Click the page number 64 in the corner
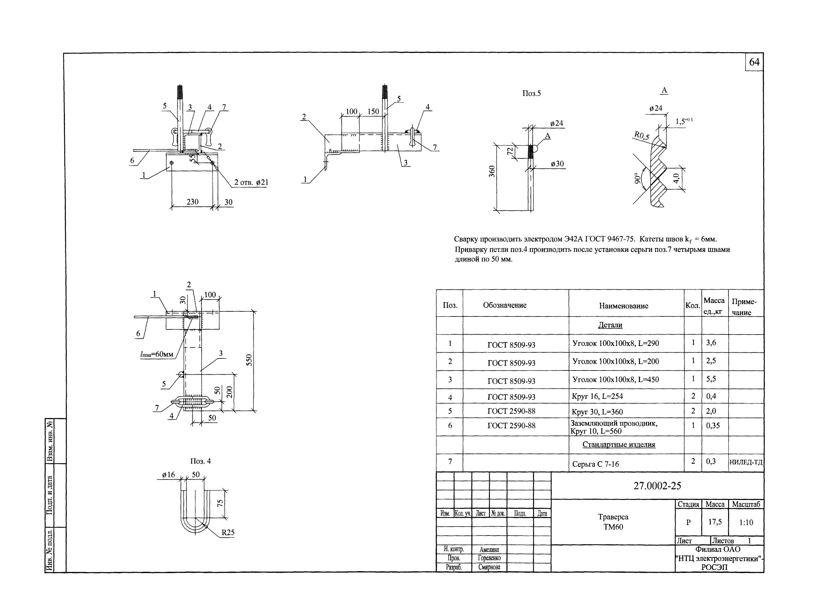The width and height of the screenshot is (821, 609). (754, 62)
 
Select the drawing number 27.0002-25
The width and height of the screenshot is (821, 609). (657, 486)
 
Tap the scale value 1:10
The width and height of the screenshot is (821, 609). (746, 522)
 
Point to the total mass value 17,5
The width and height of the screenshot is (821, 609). (715, 522)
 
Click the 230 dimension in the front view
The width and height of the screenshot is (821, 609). (192, 202)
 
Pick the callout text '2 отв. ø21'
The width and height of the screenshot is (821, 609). (251, 183)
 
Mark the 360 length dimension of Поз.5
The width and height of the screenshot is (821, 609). (492, 171)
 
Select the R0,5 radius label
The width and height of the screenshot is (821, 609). (642, 136)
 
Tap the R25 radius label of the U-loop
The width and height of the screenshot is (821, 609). (228, 532)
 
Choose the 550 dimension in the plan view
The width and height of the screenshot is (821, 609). (249, 360)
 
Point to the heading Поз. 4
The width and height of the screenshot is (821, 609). (200, 461)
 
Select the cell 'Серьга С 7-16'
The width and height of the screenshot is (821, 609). (595, 464)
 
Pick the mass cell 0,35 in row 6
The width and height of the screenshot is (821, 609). (713, 426)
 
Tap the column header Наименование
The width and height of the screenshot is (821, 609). (623, 306)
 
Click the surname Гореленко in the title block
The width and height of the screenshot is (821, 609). (489, 558)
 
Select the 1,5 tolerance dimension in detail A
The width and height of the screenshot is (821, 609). (683, 121)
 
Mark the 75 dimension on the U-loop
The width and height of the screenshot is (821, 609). (220, 503)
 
